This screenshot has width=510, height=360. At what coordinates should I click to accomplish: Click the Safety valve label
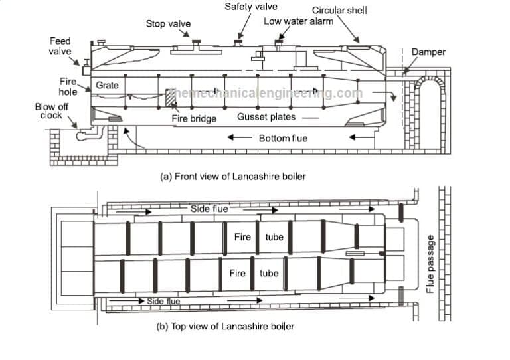[251, 7]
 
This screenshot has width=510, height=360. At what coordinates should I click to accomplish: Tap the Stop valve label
[168, 24]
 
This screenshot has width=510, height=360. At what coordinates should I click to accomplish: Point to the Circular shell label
[339, 10]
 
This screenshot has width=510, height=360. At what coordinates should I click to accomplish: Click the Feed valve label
[60, 46]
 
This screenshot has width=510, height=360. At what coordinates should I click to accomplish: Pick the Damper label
[428, 52]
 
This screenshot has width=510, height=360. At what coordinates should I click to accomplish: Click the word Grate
[107, 86]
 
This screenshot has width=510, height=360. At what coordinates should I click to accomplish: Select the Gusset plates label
[266, 117]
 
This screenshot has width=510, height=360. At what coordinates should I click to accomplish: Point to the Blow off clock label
[50, 111]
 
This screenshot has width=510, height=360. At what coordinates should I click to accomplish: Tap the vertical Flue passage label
[430, 263]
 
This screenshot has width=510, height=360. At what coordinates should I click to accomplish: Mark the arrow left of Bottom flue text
[238, 138]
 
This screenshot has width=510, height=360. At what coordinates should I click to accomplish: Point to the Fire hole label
[68, 86]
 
